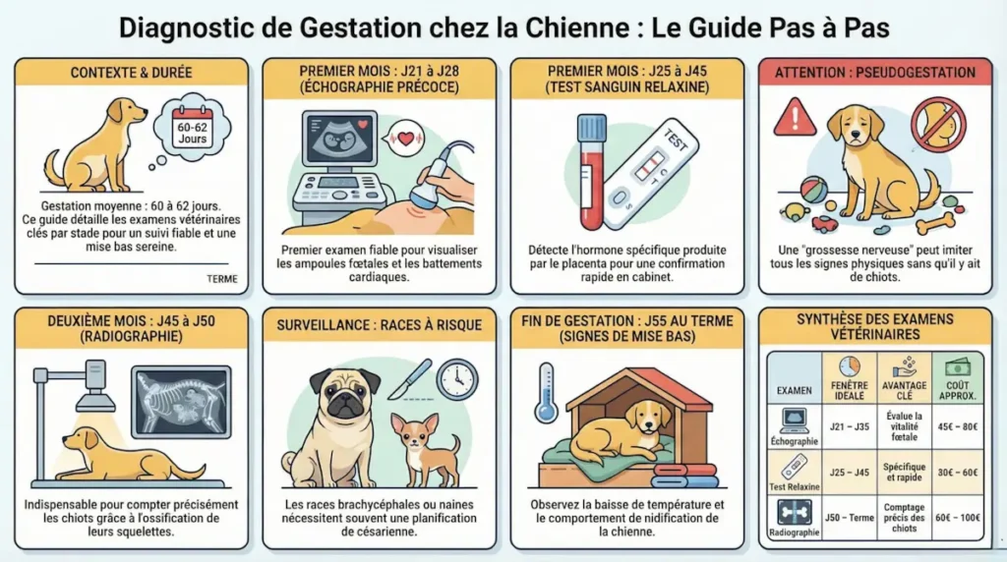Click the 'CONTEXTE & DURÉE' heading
(x=131, y=73)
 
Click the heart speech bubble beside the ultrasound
(x=404, y=139)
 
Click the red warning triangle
(x=795, y=118)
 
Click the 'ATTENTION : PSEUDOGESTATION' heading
(x=874, y=73)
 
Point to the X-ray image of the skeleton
(x=180, y=401)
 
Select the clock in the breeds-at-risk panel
(x=456, y=378)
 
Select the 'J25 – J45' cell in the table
(x=849, y=472)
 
